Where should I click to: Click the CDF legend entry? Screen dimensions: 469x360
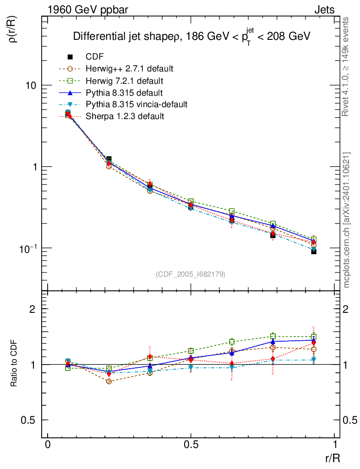[x=95, y=57]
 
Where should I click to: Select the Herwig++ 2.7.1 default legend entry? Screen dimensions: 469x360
[x=129, y=69]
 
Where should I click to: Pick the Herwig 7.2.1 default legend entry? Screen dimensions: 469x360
[x=124, y=81]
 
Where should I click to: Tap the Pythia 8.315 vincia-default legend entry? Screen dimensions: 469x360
[x=136, y=104]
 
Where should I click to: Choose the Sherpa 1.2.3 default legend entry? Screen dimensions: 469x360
[x=125, y=116]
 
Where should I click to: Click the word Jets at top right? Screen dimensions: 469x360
[x=324, y=9]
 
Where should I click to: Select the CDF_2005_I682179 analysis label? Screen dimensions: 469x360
[x=191, y=274]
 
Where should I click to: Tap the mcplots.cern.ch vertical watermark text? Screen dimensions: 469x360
[x=347, y=220]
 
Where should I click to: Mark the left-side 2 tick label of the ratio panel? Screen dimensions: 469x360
[x=33, y=309]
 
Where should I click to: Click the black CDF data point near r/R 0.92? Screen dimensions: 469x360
[x=314, y=251]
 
